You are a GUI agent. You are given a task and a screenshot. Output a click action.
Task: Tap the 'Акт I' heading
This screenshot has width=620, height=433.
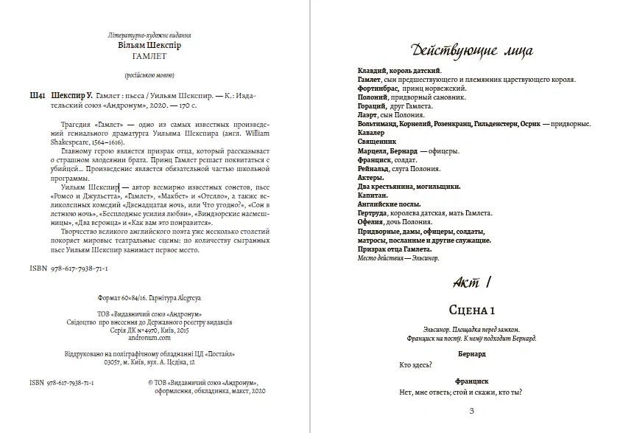(469, 282)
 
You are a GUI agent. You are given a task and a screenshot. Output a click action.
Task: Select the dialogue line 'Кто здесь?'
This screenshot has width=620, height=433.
(415, 364)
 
